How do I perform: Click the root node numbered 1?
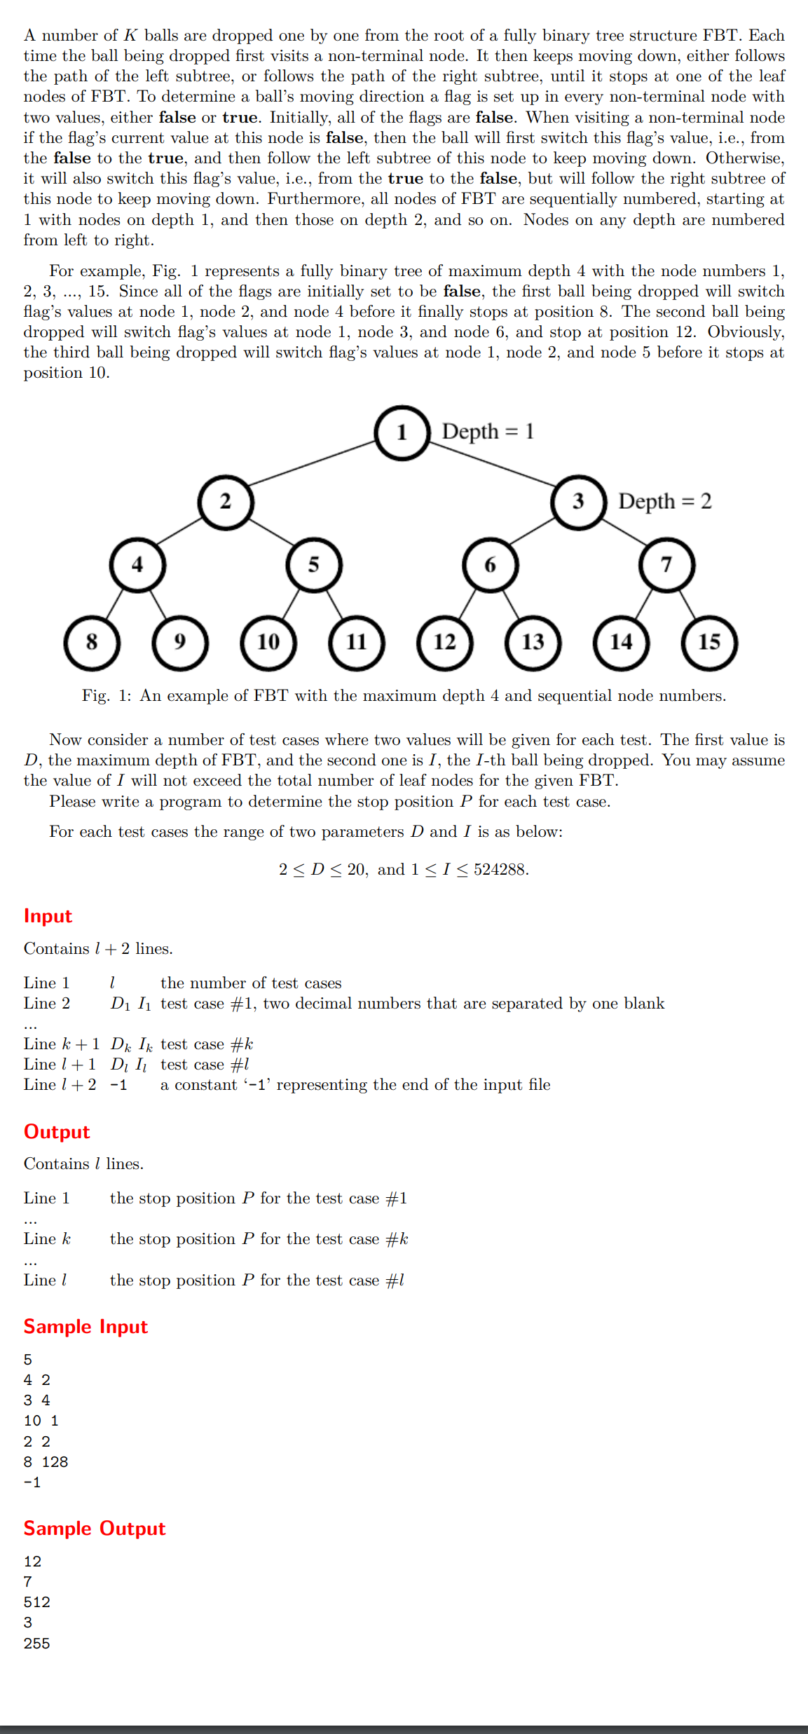pyautogui.click(x=402, y=432)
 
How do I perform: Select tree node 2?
pyautogui.click(x=226, y=502)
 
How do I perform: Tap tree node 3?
pyautogui.click(x=578, y=502)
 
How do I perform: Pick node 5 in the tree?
pyautogui.click(x=314, y=565)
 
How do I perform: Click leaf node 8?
pyautogui.click(x=92, y=642)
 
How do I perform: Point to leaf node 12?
pyautogui.click(x=445, y=642)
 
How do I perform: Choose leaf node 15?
pyautogui.click(x=709, y=642)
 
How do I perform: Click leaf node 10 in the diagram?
pyautogui.click(x=268, y=642)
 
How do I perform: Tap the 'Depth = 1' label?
pyautogui.click(x=488, y=431)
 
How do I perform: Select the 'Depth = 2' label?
pyautogui.click(x=665, y=501)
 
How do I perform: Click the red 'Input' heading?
pyautogui.click(x=48, y=916)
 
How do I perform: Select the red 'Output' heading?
pyautogui.click(x=57, y=1132)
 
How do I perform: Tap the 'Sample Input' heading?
pyautogui.click(x=85, y=1327)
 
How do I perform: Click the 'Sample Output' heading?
pyautogui.click(x=95, y=1529)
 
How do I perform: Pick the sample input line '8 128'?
pyautogui.click(x=46, y=1462)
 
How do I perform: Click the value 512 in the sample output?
pyautogui.click(x=37, y=1602)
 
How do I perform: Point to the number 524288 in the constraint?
pyautogui.click(x=500, y=870)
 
